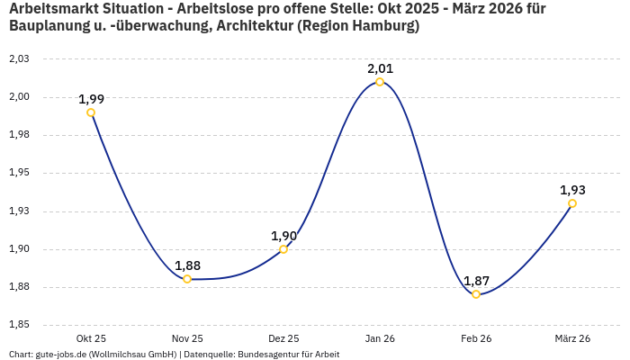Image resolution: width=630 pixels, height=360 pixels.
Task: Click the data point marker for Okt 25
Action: point(91,112)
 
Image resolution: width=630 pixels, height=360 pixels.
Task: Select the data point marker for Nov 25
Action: point(187,279)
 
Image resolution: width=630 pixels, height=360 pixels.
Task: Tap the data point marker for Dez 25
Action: point(283,249)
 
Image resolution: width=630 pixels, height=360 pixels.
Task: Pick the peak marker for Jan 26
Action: point(380,82)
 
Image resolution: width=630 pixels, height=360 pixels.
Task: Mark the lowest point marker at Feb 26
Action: point(476,294)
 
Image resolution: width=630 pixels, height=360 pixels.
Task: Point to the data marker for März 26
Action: point(572,203)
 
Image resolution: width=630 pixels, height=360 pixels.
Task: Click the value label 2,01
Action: point(380,68)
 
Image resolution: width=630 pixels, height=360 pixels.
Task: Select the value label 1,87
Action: point(476,281)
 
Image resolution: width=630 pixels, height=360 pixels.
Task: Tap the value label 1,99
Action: point(91,99)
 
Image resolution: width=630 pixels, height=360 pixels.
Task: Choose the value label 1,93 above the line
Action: point(572,190)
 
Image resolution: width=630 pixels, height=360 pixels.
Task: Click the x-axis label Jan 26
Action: point(380,338)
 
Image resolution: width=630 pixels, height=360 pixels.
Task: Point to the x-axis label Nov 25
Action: point(187,338)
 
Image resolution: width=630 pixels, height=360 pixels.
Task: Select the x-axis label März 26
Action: point(572,338)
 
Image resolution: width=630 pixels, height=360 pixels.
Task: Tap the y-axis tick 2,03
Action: point(19,58)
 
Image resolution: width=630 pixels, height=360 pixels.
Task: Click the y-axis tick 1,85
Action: point(19,325)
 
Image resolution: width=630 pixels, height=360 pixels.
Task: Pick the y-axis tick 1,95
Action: point(19,173)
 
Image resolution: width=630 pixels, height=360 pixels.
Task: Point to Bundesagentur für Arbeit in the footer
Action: point(288,354)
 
